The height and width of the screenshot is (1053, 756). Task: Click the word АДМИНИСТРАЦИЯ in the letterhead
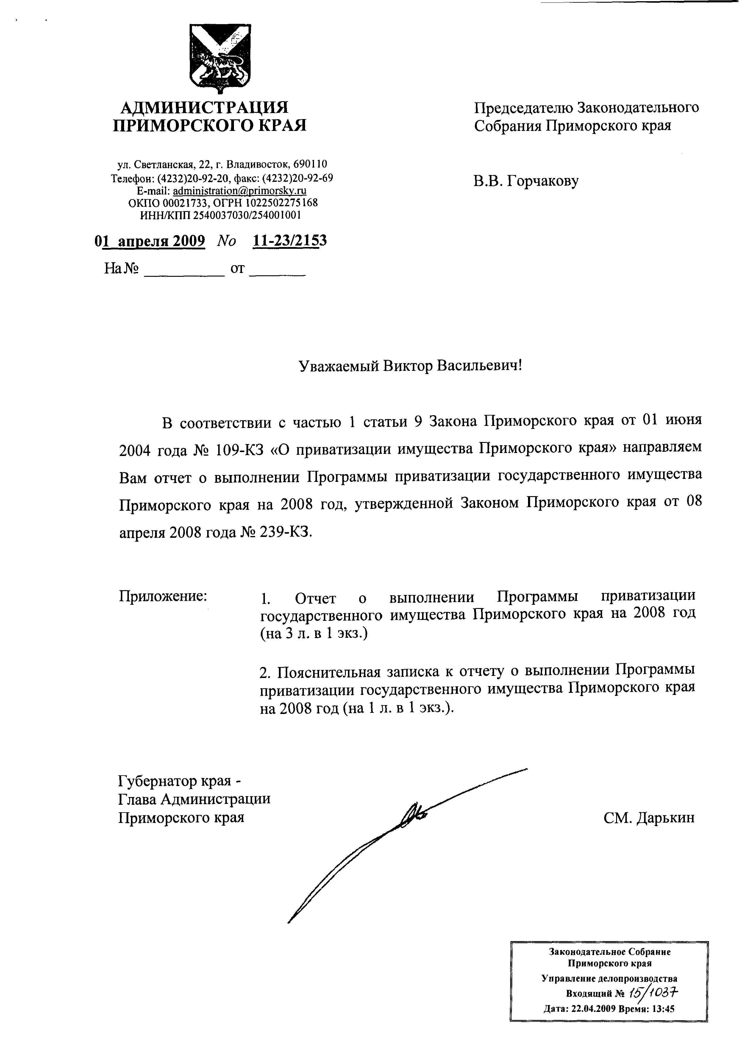pyautogui.click(x=204, y=108)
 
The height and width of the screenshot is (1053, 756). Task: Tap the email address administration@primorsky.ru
pyautogui.click(x=240, y=191)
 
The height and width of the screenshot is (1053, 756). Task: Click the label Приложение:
pyautogui.click(x=163, y=596)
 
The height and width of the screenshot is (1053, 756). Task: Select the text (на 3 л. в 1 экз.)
pyautogui.click(x=313, y=633)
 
